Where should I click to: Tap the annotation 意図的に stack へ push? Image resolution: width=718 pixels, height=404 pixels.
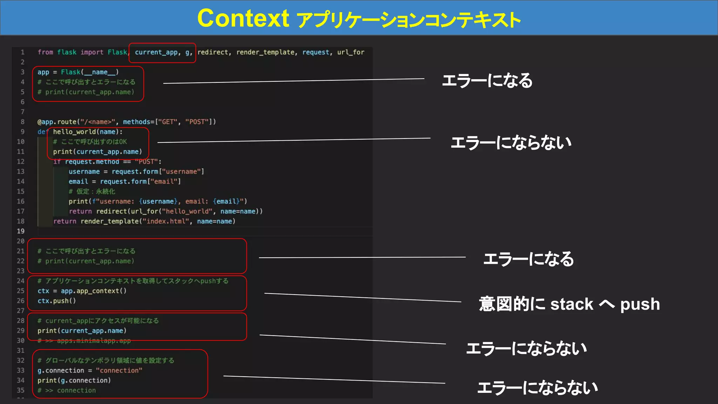[569, 304]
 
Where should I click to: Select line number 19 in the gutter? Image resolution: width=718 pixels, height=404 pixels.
[21, 231]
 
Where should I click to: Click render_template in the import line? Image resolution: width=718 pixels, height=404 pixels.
[265, 52]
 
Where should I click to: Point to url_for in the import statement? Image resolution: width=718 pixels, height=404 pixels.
[351, 52]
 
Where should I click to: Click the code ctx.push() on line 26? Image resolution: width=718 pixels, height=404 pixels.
[56, 301]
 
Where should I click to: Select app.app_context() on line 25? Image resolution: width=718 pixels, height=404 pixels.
[94, 291]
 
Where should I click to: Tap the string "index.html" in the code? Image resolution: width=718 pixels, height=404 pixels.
[166, 221]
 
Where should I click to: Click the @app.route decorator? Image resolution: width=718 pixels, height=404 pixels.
[57, 122]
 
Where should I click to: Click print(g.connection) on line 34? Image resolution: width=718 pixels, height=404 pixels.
[74, 381]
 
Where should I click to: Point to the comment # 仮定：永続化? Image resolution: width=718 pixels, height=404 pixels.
[92, 191]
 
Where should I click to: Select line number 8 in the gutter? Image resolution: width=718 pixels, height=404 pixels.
[22, 122]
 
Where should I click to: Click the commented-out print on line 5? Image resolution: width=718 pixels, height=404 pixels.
[86, 92]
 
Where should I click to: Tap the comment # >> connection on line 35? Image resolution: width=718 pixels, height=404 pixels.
[67, 390]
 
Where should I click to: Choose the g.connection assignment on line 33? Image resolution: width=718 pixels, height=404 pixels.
[90, 370]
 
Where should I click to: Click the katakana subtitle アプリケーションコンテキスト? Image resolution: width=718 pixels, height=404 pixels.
[408, 20]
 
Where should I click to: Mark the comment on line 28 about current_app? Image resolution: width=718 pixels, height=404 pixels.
[98, 321]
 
